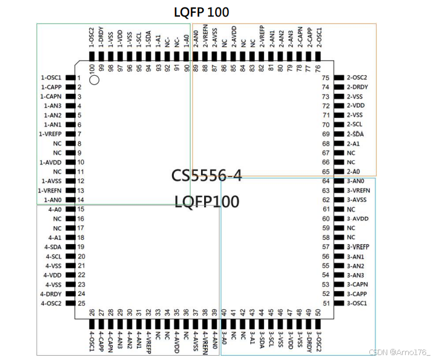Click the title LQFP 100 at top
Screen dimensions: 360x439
point(202,12)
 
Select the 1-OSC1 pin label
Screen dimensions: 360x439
point(51,78)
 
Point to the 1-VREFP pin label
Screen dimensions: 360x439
point(51,134)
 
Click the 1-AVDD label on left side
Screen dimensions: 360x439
point(51,162)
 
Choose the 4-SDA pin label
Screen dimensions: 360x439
point(55,247)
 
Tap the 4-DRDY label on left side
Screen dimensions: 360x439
point(52,294)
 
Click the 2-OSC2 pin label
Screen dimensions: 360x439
point(357,78)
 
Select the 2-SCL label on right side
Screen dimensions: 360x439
point(355,125)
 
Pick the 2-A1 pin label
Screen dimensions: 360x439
point(353,144)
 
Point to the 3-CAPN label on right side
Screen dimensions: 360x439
point(358,284)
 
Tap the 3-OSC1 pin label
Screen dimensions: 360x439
point(357,303)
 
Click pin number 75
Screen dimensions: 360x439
point(326,78)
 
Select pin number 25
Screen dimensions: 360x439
point(81,303)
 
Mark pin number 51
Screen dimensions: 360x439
point(326,303)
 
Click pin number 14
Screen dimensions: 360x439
point(81,200)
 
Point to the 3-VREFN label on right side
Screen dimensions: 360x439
point(359,190)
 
